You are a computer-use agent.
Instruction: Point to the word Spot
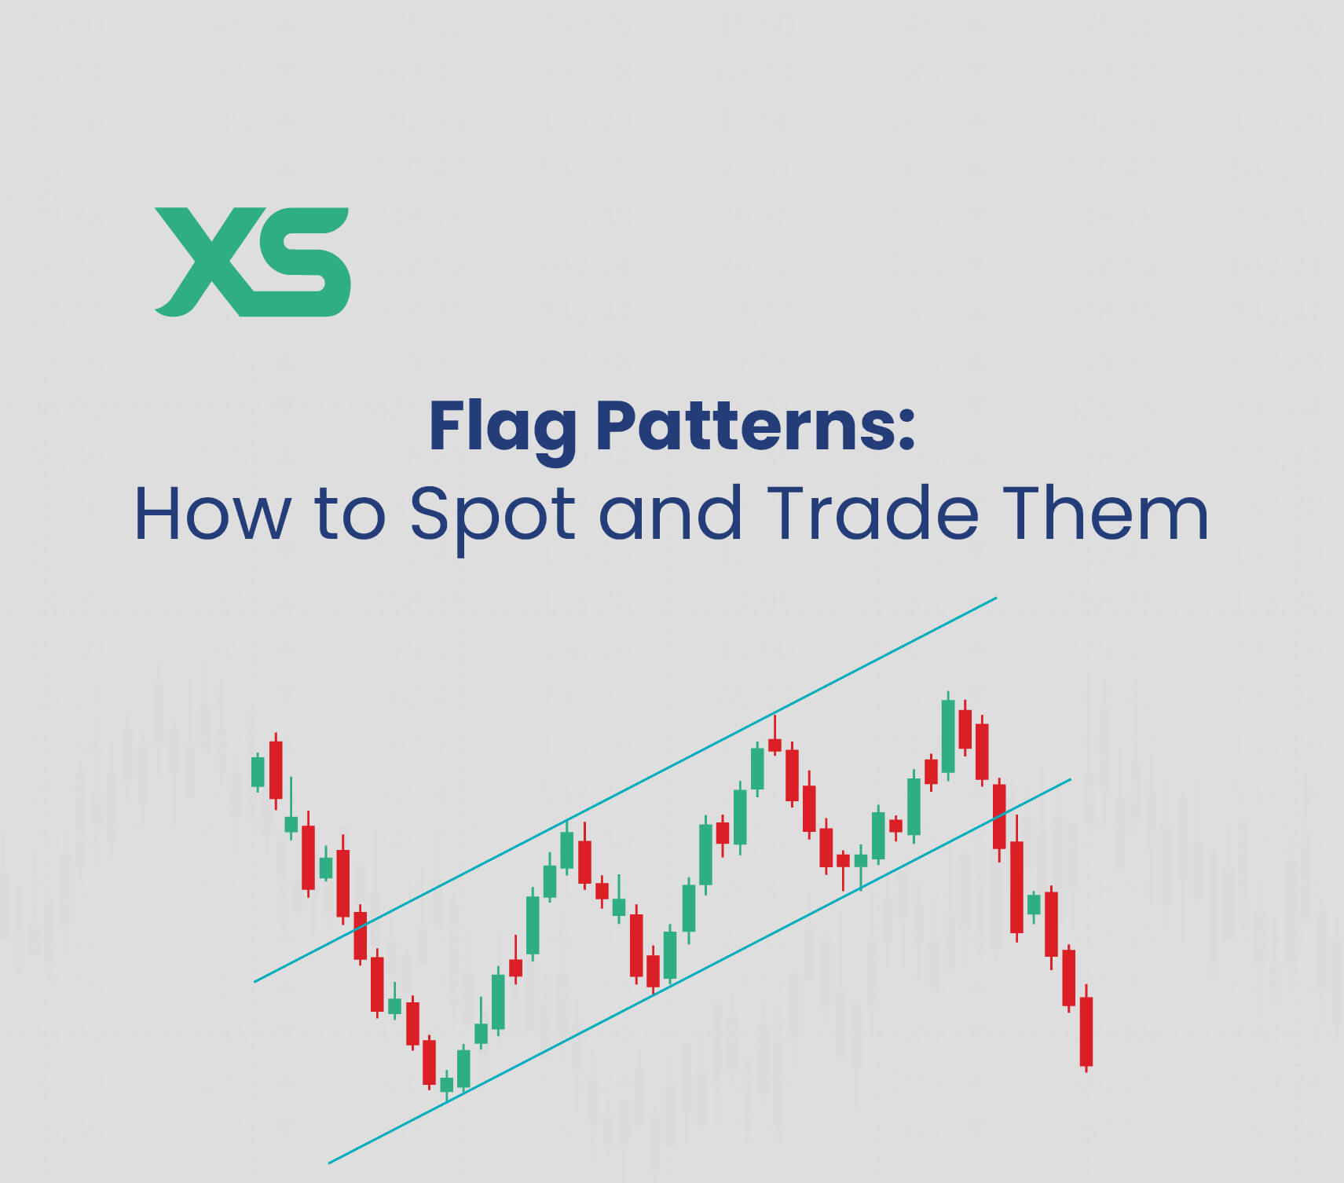(493, 515)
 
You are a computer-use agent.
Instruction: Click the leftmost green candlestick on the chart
(258, 771)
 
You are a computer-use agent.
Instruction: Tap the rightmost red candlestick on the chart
(1086, 1031)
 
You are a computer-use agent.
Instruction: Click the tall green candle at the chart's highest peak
(948, 736)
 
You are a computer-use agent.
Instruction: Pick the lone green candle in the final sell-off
(1034, 904)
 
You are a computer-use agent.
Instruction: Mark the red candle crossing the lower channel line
(999, 816)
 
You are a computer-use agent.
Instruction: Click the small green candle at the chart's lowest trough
(447, 1084)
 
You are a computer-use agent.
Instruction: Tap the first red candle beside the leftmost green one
(275, 770)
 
